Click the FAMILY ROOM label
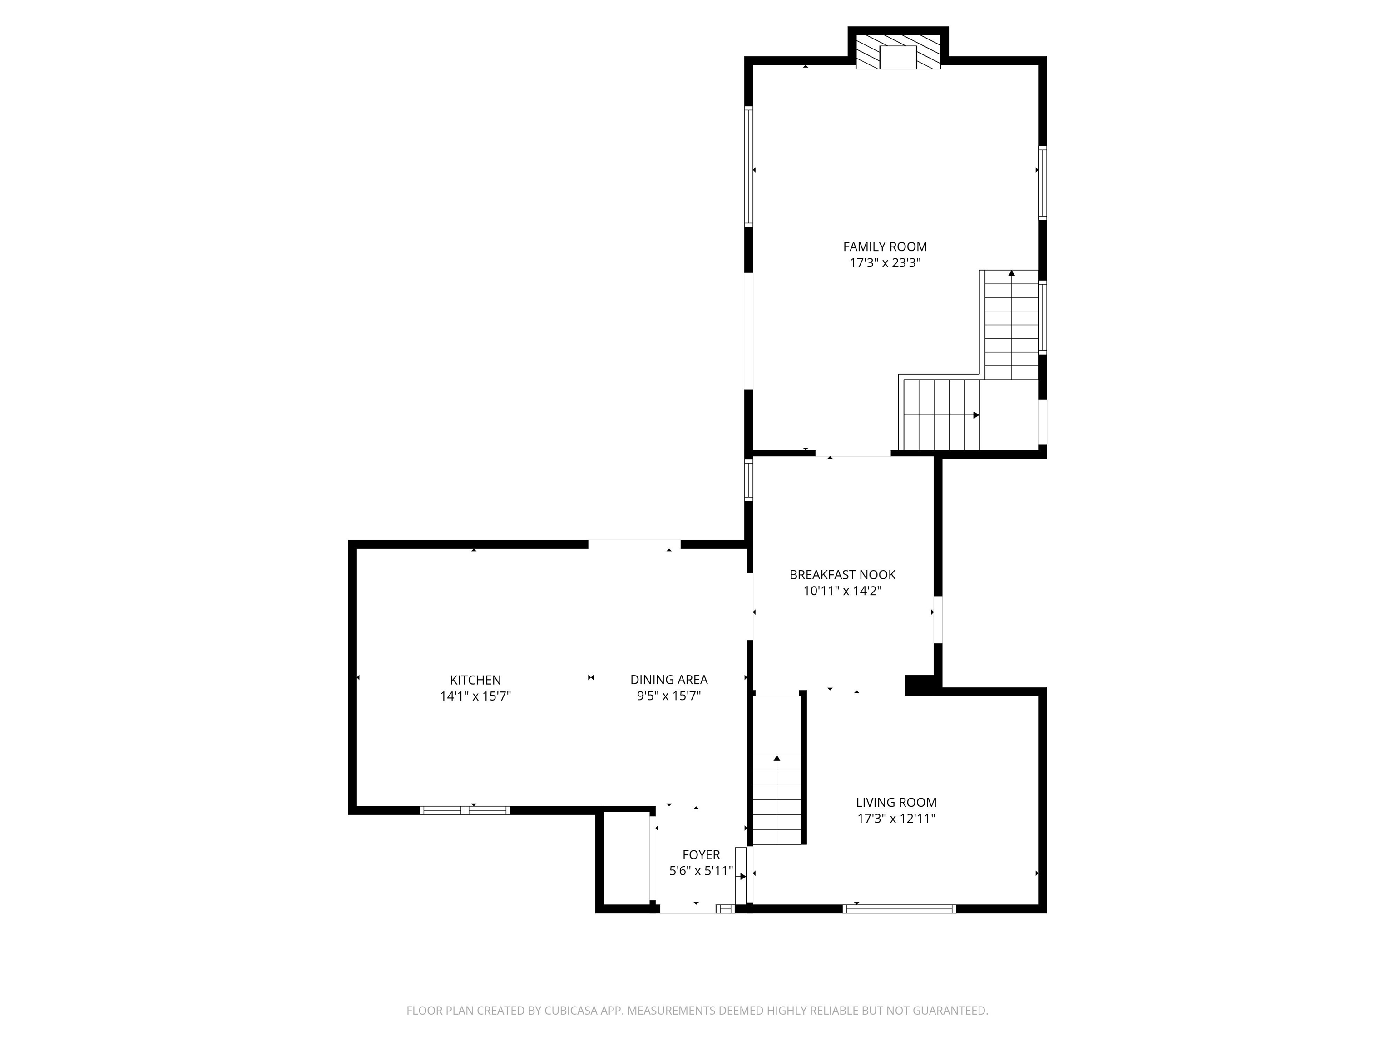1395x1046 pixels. [885, 247]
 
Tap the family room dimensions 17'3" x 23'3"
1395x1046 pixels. [885, 263]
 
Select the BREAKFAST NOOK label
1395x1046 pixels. [842, 574]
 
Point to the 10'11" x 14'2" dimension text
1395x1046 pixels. [842, 591]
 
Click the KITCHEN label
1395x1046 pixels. [475, 680]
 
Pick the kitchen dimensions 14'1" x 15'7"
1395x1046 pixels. [475, 696]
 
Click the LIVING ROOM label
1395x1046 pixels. [896, 802]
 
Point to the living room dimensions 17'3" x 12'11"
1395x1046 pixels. [896, 819]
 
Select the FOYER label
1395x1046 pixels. [701, 854]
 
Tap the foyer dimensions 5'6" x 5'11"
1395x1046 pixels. [701, 871]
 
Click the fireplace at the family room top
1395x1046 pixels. [898, 52]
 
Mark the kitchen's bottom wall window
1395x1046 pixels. [465, 810]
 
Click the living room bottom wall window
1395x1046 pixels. [899, 908]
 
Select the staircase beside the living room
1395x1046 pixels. [777, 799]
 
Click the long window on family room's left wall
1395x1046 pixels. [748, 167]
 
